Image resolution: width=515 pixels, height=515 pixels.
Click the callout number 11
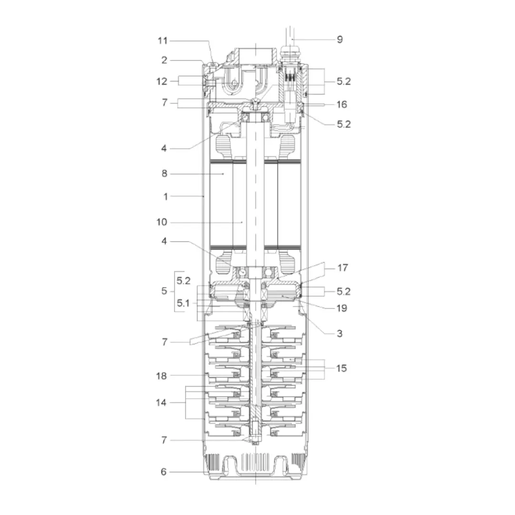163,41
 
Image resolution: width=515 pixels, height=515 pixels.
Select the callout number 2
164,60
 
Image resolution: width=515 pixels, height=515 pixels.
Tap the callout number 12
162,81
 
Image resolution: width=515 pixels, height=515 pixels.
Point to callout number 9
340,40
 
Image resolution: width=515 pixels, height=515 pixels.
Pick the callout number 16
341,104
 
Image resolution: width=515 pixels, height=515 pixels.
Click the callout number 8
165,174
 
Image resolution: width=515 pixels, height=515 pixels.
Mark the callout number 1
165,196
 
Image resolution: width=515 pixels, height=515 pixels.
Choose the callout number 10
162,222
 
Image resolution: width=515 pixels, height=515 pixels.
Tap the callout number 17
342,268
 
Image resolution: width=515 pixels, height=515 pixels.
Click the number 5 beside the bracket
164,291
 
